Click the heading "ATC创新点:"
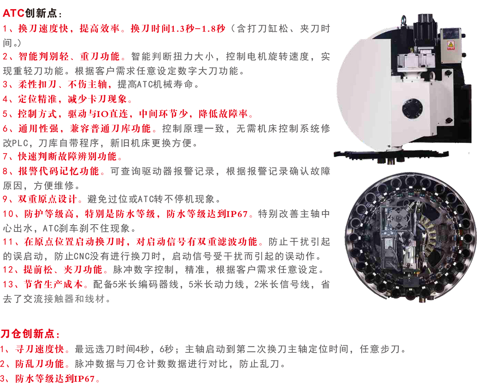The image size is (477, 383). pyautogui.click(x=32, y=13)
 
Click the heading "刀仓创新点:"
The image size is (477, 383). pyautogui.click(x=30, y=334)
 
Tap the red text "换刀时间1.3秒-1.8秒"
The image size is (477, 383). pyautogui.click(x=178, y=29)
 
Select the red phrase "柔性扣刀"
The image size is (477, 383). pyautogui.click(x=37, y=84)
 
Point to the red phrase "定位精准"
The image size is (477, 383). pyautogui.click(x=37, y=99)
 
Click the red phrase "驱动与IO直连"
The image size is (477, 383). pyautogui.click(x=98, y=114)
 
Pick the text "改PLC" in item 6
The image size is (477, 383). pyautogui.click(x=16, y=143)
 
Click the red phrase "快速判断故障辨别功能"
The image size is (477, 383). pyautogui.click(x=67, y=156)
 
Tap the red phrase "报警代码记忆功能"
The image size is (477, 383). pyautogui.click(x=58, y=171)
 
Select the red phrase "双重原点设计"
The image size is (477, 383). pyautogui.click(x=47, y=199)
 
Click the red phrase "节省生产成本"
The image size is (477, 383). pyautogui.click(x=53, y=284)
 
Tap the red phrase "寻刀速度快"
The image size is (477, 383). pyautogui.click(x=39, y=349)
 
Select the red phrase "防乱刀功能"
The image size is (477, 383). pyautogui.click(x=39, y=364)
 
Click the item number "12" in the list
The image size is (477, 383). pyautogui.click(x=8, y=270)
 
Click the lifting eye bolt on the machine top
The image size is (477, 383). pyautogui.click(x=403, y=19)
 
